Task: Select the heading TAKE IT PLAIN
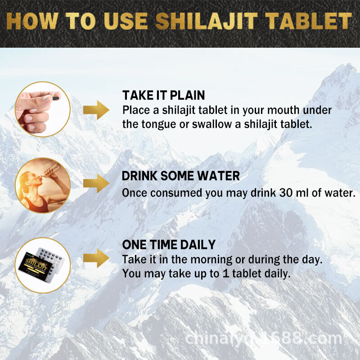coord(163,95)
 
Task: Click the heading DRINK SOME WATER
coord(181,176)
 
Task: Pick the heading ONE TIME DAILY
coord(169,245)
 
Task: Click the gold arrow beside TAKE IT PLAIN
coord(97,109)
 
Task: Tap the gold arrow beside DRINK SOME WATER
coord(97,182)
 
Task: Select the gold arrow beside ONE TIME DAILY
coord(97,258)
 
